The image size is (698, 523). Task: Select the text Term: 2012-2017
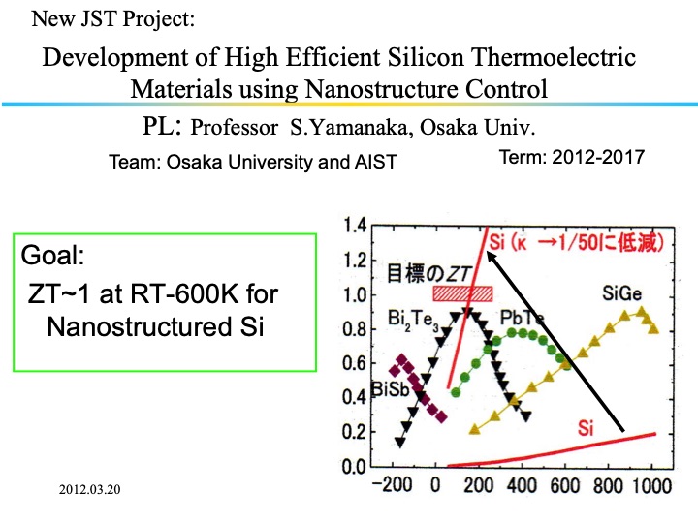pyautogui.click(x=571, y=157)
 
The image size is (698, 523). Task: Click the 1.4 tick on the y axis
pyautogui.click(x=355, y=226)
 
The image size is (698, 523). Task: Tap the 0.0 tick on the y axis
pyautogui.click(x=355, y=467)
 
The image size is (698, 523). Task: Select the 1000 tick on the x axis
pyautogui.click(x=649, y=485)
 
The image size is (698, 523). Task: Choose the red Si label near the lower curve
pyautogui.click(x=585, y=426)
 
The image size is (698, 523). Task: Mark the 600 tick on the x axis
pyautogui.click(x=565, y=485)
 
